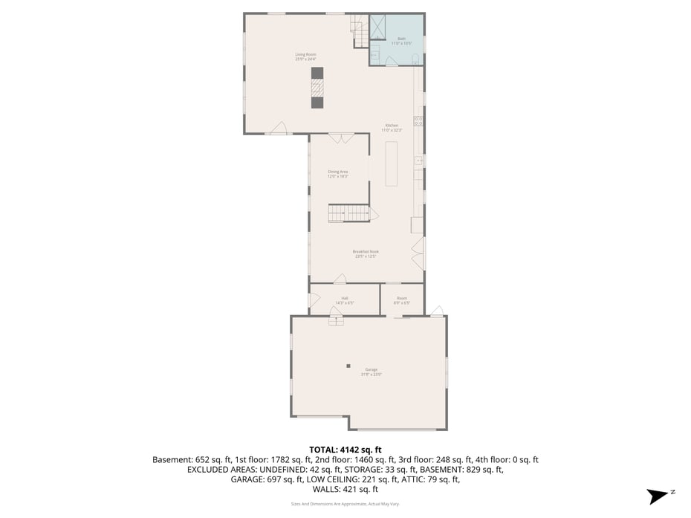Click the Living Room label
point(301,54)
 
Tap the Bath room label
point(401,39)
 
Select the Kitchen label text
point(392,126)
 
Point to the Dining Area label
point(338,172)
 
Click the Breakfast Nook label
point(366,252)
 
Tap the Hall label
point(345,299)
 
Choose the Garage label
point(371,370)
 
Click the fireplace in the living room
point(317,88)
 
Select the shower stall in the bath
point(378,27)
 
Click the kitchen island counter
point(392,162)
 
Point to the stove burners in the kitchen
point(418,120)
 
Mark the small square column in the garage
point(348,366)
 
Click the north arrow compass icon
point(658,496)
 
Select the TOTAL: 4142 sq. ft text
point(345,450)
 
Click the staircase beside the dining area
point(348,214)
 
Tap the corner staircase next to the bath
point(360,31)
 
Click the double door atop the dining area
point(340,138)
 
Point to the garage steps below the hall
point(336,321)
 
